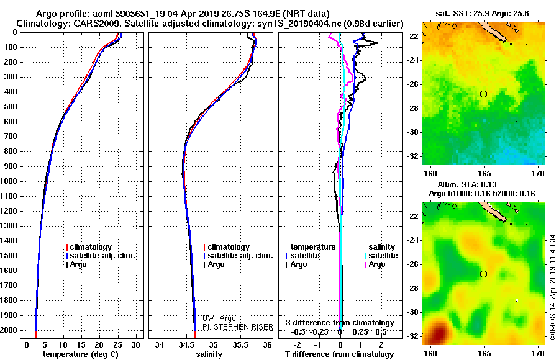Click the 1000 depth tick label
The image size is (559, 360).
(x=9, y=181)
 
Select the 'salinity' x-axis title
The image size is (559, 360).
(x=209, y=354)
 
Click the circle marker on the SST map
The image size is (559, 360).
(x=484, y=94)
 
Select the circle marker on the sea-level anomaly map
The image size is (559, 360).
(x=484, y=274)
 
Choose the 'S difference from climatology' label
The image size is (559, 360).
(x=340, y=323)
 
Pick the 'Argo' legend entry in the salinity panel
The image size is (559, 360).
(x=216, y=264)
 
